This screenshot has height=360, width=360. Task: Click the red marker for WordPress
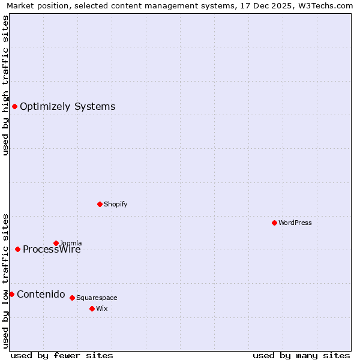point(274,223)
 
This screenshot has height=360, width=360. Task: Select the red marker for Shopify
point(100,204)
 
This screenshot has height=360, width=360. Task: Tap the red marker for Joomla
point(56,243)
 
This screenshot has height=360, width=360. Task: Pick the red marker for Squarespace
point(72,298)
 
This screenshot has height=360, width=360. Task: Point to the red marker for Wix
point(92,308)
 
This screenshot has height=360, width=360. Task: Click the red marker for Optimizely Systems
point(14,106)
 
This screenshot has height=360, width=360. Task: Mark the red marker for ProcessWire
point(17,249)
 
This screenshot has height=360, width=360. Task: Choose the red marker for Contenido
point(11,294)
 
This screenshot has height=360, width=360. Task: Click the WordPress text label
point(295,223)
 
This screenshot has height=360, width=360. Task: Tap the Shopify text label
point(115,204)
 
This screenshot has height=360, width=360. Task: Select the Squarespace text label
point(97,298)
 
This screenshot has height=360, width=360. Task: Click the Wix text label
point(101,308)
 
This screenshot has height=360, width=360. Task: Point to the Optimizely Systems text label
point(67,107)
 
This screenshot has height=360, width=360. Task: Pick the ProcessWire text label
point(52,250)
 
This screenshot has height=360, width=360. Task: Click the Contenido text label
point(41,294)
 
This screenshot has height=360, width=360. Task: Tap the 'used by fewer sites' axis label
point(62,355)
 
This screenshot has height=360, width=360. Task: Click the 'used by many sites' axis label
point(301,355)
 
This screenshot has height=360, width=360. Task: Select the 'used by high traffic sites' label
point(5,85)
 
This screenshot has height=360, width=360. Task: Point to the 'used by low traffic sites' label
point(5,280)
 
